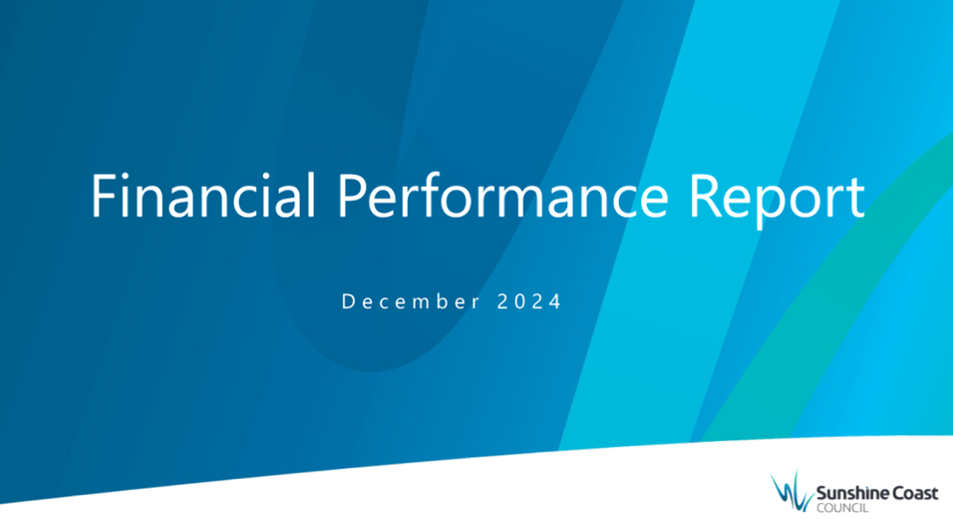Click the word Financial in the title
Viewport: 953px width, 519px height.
(x=204, y=196)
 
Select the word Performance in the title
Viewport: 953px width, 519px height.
(x=502, y=196)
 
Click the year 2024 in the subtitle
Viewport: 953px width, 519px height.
(x=528, y=301)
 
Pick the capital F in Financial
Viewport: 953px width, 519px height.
(x=104, y=196)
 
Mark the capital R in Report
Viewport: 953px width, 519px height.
(x=705, y=196)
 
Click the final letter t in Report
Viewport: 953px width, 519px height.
(x=854, y=199)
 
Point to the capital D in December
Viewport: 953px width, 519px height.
(x=348, y=301)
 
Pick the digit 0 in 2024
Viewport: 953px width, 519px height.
(x=519, y=301)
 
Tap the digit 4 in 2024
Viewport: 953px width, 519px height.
(x=555, y=301)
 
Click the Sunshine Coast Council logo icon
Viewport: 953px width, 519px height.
(x=792, y=491)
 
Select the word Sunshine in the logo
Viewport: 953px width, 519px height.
(x=846, y=493)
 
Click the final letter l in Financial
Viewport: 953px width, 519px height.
(x=312, y=195)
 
